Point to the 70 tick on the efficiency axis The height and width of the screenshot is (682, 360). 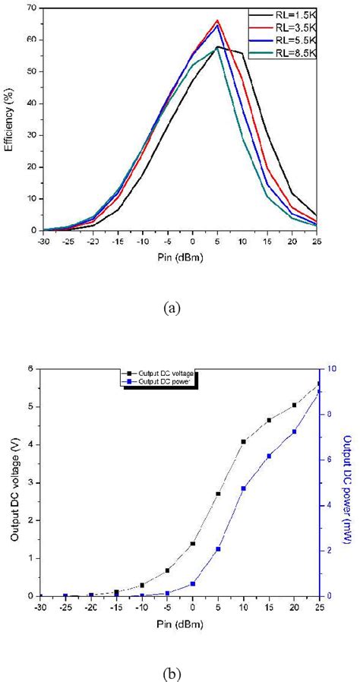pos(30,8)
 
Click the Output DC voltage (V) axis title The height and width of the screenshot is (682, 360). pos(14,482)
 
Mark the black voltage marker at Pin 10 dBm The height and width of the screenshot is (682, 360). pos(243,441)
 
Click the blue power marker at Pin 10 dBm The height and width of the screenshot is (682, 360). pos(243,488)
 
